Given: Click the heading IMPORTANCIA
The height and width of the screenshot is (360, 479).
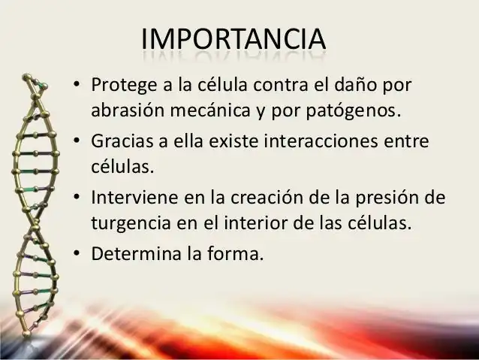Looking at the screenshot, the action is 233,39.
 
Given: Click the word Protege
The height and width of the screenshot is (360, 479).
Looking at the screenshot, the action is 125,86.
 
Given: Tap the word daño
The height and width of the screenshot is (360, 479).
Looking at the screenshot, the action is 356,84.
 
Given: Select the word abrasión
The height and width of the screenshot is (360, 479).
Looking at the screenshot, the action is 128,110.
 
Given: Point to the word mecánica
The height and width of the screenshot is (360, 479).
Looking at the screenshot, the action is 210,110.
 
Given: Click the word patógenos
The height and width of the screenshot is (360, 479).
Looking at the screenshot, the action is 353,111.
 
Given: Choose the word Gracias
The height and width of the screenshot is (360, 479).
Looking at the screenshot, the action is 122,141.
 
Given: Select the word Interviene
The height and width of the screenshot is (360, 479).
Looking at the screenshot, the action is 134,197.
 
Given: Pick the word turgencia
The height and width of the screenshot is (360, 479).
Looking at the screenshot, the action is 131,223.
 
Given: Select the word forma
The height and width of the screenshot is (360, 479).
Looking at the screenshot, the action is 233,253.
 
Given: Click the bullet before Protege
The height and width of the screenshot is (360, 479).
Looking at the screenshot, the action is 77,83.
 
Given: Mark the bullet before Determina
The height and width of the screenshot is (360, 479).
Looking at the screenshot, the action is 77,253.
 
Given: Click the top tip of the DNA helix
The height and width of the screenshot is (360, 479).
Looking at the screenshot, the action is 27,75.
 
